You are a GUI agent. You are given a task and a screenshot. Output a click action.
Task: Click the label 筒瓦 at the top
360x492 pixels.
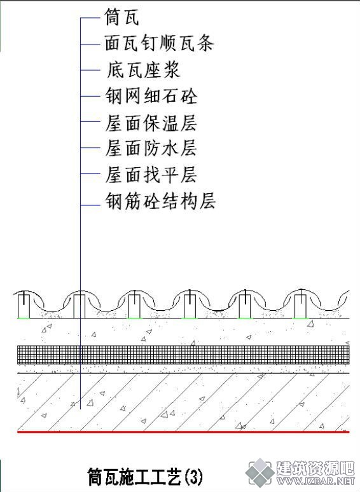click(x=121, y=17)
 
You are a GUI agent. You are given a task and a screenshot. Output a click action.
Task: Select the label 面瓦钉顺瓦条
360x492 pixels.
click(x=159, y=43)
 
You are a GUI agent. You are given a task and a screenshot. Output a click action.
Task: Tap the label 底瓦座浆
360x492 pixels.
click(x=143, y=70)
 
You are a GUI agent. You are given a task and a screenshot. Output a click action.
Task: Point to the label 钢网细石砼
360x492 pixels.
click(x=151, y=96)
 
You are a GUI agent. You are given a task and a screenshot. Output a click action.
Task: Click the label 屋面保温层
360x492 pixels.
click(x=151, y=123)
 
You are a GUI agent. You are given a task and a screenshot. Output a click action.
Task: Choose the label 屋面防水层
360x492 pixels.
click(x=151, y=147)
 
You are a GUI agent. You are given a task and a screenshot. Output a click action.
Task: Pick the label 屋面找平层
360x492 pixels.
click(x=151, y=174)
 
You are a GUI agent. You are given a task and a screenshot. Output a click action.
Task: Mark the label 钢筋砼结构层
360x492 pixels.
click(x=160, y=201)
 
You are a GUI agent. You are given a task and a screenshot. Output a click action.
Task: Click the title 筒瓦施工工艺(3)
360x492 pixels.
click(x=145, y=477)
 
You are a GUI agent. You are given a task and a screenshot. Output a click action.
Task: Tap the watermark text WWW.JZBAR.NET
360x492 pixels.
click(x=315, y=481)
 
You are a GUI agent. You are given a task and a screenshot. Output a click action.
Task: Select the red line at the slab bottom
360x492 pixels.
click(x=183, y=432)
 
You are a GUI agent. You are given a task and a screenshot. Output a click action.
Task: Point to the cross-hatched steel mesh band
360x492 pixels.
click(x=183, y=355)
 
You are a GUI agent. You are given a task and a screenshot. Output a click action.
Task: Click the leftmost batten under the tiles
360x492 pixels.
click(x=24, y=306)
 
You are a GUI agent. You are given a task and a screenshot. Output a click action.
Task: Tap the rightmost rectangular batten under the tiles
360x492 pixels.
click(x=300, y=306)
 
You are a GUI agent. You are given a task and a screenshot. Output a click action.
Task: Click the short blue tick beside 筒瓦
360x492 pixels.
click(x=90, y=18)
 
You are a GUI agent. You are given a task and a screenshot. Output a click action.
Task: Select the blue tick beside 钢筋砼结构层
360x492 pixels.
click(x=90, y=205)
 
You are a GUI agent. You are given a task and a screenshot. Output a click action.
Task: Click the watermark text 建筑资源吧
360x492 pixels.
click(x=315, y=468)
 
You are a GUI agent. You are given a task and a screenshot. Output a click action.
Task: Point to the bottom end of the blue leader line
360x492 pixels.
click(x=80, y=409)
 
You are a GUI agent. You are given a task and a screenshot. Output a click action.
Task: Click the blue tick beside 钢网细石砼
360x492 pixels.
click(x=90, y=96)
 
